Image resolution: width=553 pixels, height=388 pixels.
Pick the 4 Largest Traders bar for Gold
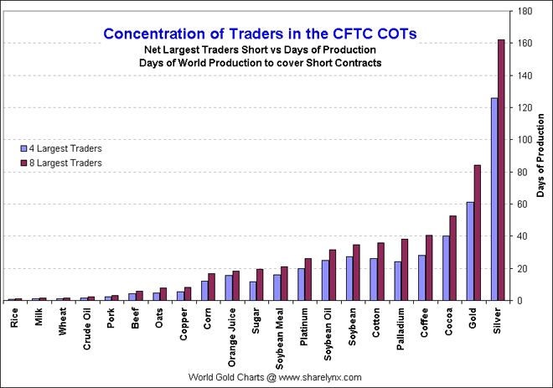(469, 251)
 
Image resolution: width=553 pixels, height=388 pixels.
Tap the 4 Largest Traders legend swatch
(28, 148)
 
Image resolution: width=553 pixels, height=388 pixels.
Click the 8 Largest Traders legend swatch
(28, 163)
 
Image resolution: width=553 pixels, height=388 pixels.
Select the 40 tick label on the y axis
(522, 236)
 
